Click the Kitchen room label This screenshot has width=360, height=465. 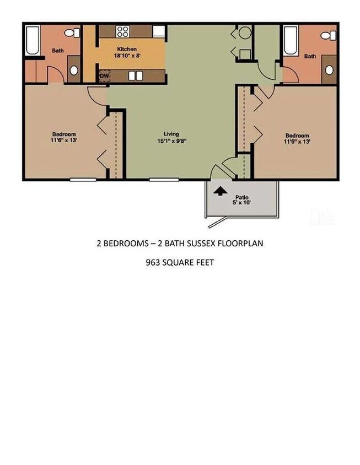(x=127, y=49)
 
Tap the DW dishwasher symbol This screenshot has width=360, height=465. (x=104, y=75)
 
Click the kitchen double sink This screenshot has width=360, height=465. (x=136, y=75)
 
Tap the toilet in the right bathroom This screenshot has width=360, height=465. (x=329, y=36)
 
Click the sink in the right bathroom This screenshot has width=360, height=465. (x=329, y=70)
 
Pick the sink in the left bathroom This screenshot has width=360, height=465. (x=73, y=70)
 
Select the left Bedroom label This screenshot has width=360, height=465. (x=64, y=134)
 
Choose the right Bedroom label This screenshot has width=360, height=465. (x=297, y=136)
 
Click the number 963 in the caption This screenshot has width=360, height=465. (x=152, y=262)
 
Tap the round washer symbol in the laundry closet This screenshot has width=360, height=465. (x=244, y=33)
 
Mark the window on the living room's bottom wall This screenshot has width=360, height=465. (x=159, y=179)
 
